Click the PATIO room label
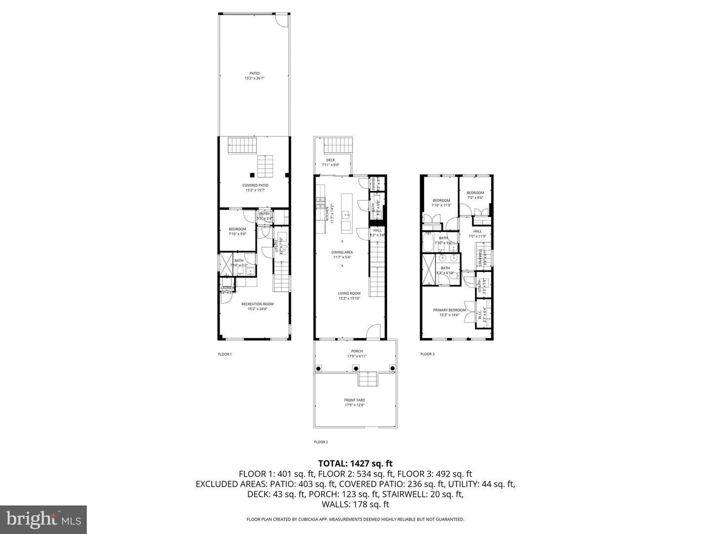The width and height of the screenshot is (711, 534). [254, 74]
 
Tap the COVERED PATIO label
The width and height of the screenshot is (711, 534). [255, 185]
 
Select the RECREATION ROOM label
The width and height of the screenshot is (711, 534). [257, 304]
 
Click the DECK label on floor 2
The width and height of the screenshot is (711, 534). [330, 160]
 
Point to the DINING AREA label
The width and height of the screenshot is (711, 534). [342, 252]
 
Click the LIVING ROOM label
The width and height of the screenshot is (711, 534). [349, 293]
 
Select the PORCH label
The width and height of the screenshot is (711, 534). [356, 352]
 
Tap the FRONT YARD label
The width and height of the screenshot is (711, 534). [355, 400]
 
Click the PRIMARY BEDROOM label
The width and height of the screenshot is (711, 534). [449, 310]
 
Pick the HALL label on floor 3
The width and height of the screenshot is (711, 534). [477, 231]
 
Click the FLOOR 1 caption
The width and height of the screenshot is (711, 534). [225, 354]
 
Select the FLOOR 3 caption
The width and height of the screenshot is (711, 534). [427, 354]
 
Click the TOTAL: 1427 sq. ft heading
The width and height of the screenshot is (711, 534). [355, 463]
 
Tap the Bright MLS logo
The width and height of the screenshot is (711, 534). [43, 519]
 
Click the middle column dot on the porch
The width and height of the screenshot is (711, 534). [355, 368]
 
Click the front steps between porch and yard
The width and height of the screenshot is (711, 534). [368, 380]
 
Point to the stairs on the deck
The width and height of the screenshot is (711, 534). [338, 145]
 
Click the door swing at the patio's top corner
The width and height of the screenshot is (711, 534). [281, 20]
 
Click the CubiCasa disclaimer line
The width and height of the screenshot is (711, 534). [355, 519]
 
